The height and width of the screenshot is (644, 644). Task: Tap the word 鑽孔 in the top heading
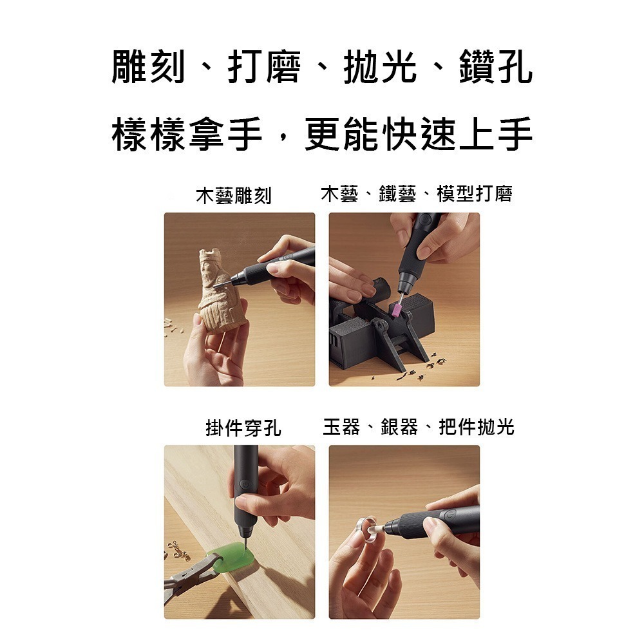tap(496, 68)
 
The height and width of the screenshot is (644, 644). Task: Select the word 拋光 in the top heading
tap(380, 68)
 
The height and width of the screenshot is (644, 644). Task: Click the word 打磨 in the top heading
tap(264, 68)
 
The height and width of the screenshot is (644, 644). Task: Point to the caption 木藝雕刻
tap(234, 195)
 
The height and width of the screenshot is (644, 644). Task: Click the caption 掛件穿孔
tap(243, 428)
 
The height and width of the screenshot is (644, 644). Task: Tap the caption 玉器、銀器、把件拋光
tap(418, 426)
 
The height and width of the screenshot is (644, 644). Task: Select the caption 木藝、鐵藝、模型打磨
tap(416, 194)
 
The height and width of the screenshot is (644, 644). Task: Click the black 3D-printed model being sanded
tap(386, 335)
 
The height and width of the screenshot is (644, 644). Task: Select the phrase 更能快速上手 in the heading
tap(419, 135)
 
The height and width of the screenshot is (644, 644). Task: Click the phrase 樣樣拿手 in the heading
tap(187, 135)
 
